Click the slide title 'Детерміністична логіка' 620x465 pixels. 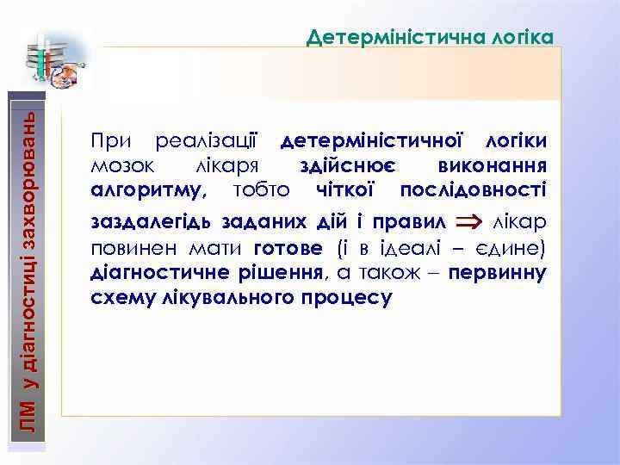point(430,37)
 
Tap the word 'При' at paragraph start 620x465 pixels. point(110,140)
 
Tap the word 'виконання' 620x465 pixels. point(492,164)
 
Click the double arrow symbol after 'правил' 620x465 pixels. point(468,222)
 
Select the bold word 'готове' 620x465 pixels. point(289,249)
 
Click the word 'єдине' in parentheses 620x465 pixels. point(511,249)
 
